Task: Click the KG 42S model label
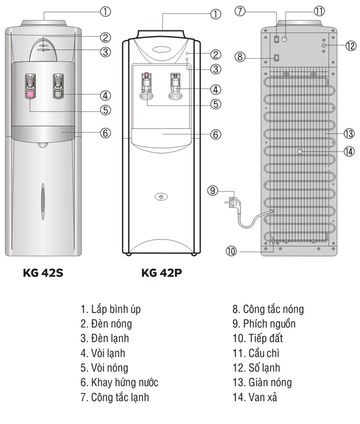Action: coord(43,273)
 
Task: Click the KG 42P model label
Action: coord(161,273)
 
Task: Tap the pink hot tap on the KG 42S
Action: coord(30,86)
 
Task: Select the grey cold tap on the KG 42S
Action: coord(58,86)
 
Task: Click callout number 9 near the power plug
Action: coord(212,190)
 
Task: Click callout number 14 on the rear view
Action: coord(349,151)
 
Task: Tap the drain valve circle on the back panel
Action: coord(299,151)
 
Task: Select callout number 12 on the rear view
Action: coord(351,46)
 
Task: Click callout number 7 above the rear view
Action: coord(240,11)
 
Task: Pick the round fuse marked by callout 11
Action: coord(284,39)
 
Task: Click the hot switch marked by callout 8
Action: coord(276,58)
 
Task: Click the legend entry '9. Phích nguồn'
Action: coord(264,324)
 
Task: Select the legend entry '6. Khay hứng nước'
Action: coord(119,383)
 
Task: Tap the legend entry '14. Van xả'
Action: coord(254,397)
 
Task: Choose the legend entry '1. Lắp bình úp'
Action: coord(110,309)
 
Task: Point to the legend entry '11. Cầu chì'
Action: coord(256,353)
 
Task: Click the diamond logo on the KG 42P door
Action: coord(161,196)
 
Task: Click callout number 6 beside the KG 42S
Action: coord(106,133)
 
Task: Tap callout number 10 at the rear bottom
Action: coord(231,251)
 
